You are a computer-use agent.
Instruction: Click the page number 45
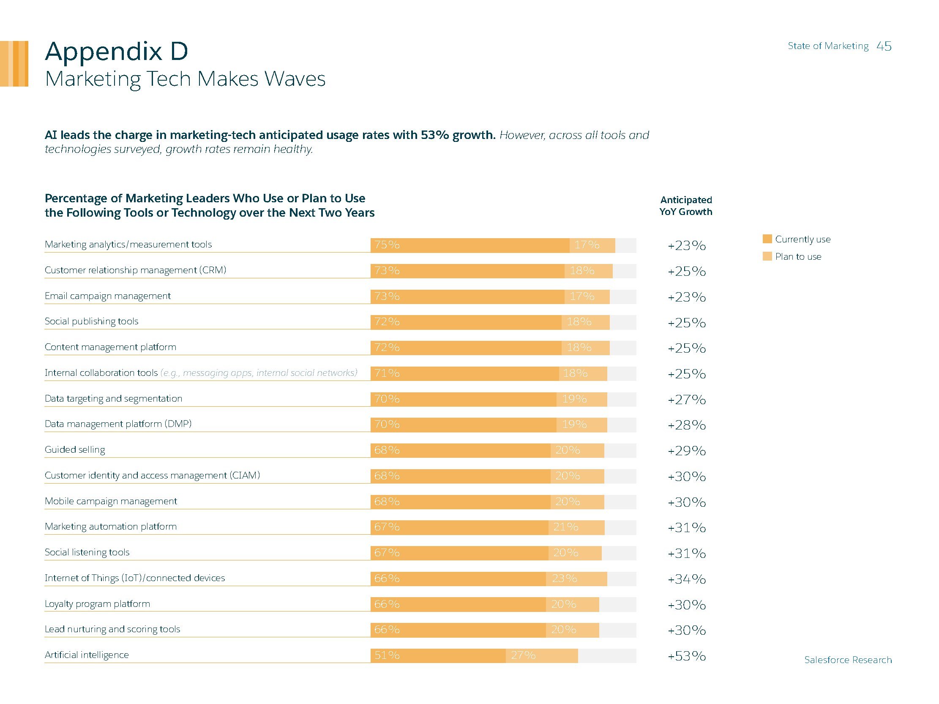click(x=884, y=46)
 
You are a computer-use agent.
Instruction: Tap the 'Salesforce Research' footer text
click(x=848, y=660)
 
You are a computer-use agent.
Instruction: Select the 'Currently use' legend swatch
click(x=767, y=239)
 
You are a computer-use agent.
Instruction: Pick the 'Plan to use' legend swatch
click(x=767, y=256)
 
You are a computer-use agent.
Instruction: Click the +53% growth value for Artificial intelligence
click(x=686, y=656)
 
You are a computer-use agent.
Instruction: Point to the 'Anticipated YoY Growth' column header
click(x=686, y=206)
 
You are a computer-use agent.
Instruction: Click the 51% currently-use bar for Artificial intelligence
click(x=438, y=655)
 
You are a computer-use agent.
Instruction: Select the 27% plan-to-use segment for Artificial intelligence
click(x=542, y=655)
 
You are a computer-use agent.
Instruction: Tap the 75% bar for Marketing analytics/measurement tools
click(x=469, y=245)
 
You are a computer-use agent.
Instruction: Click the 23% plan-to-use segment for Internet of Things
click(x=576, y=579)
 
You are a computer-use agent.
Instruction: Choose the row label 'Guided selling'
click(x=75, y=450)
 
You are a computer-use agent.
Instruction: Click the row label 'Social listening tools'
click(x=87, y=552)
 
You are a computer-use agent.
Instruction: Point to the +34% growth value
click(x=686, y=579)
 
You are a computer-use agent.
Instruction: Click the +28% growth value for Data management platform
click(x=686, y=425)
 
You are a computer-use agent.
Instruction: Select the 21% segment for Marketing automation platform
click(x=576, y=527)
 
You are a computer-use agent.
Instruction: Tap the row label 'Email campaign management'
click(x=107, y=296)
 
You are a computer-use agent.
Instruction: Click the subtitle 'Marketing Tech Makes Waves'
click(x=185, y=79)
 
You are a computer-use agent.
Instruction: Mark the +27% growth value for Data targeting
click(x=686, y=400)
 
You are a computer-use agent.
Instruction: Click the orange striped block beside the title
click(x=14, y=64)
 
